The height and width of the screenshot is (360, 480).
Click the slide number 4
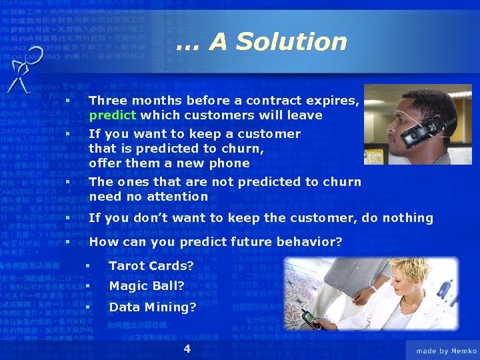click(x=187, y=349)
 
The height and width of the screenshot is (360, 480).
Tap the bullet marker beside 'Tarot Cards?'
click(x=87, y=266)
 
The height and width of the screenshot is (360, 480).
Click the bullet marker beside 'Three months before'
click(x=67, y=101)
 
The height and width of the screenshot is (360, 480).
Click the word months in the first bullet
click(x=156, y=101)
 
